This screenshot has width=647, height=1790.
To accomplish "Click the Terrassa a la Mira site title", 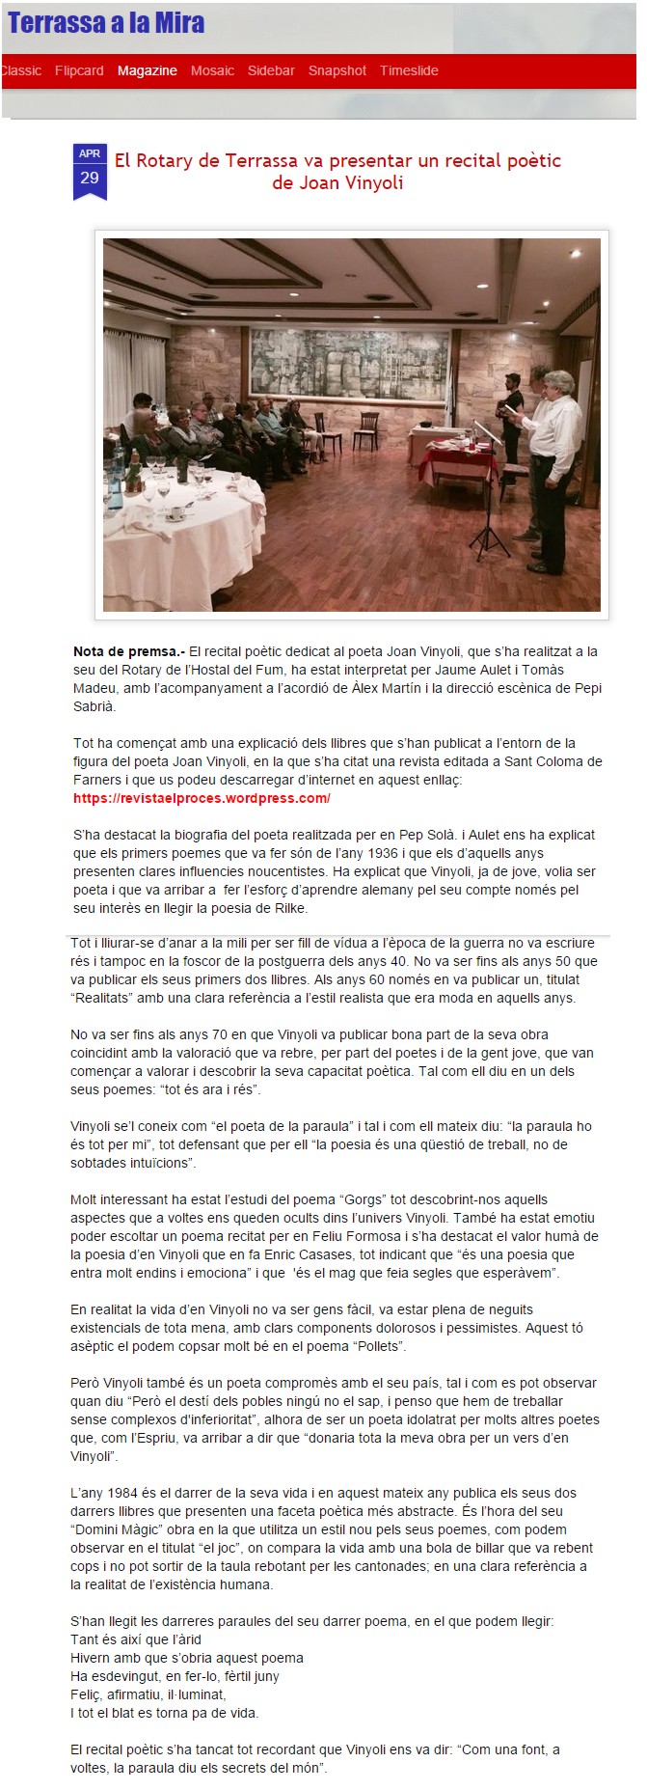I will click(x=106, y=23).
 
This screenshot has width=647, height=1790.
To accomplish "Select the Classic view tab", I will click(x=20, y=70).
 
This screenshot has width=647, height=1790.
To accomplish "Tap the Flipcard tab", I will click(x=79, y=70).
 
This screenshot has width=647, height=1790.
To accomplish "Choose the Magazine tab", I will click(x=147, y=70).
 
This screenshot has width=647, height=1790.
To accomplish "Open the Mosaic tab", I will click(x=212, y=70).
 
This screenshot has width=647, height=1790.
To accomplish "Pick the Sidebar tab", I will click(x=271, y=70).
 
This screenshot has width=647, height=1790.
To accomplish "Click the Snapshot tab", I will click(x=337, y=70).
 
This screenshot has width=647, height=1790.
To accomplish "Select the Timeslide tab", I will click(x=409, y=70).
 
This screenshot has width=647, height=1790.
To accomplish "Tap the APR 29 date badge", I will click(x=90, y=171).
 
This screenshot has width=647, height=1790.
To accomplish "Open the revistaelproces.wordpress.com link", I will click(x=202, y=798).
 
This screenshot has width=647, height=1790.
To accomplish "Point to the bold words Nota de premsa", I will click(x=128, y=651).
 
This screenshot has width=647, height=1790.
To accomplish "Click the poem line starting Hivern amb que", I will click(x=187, y=1658).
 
